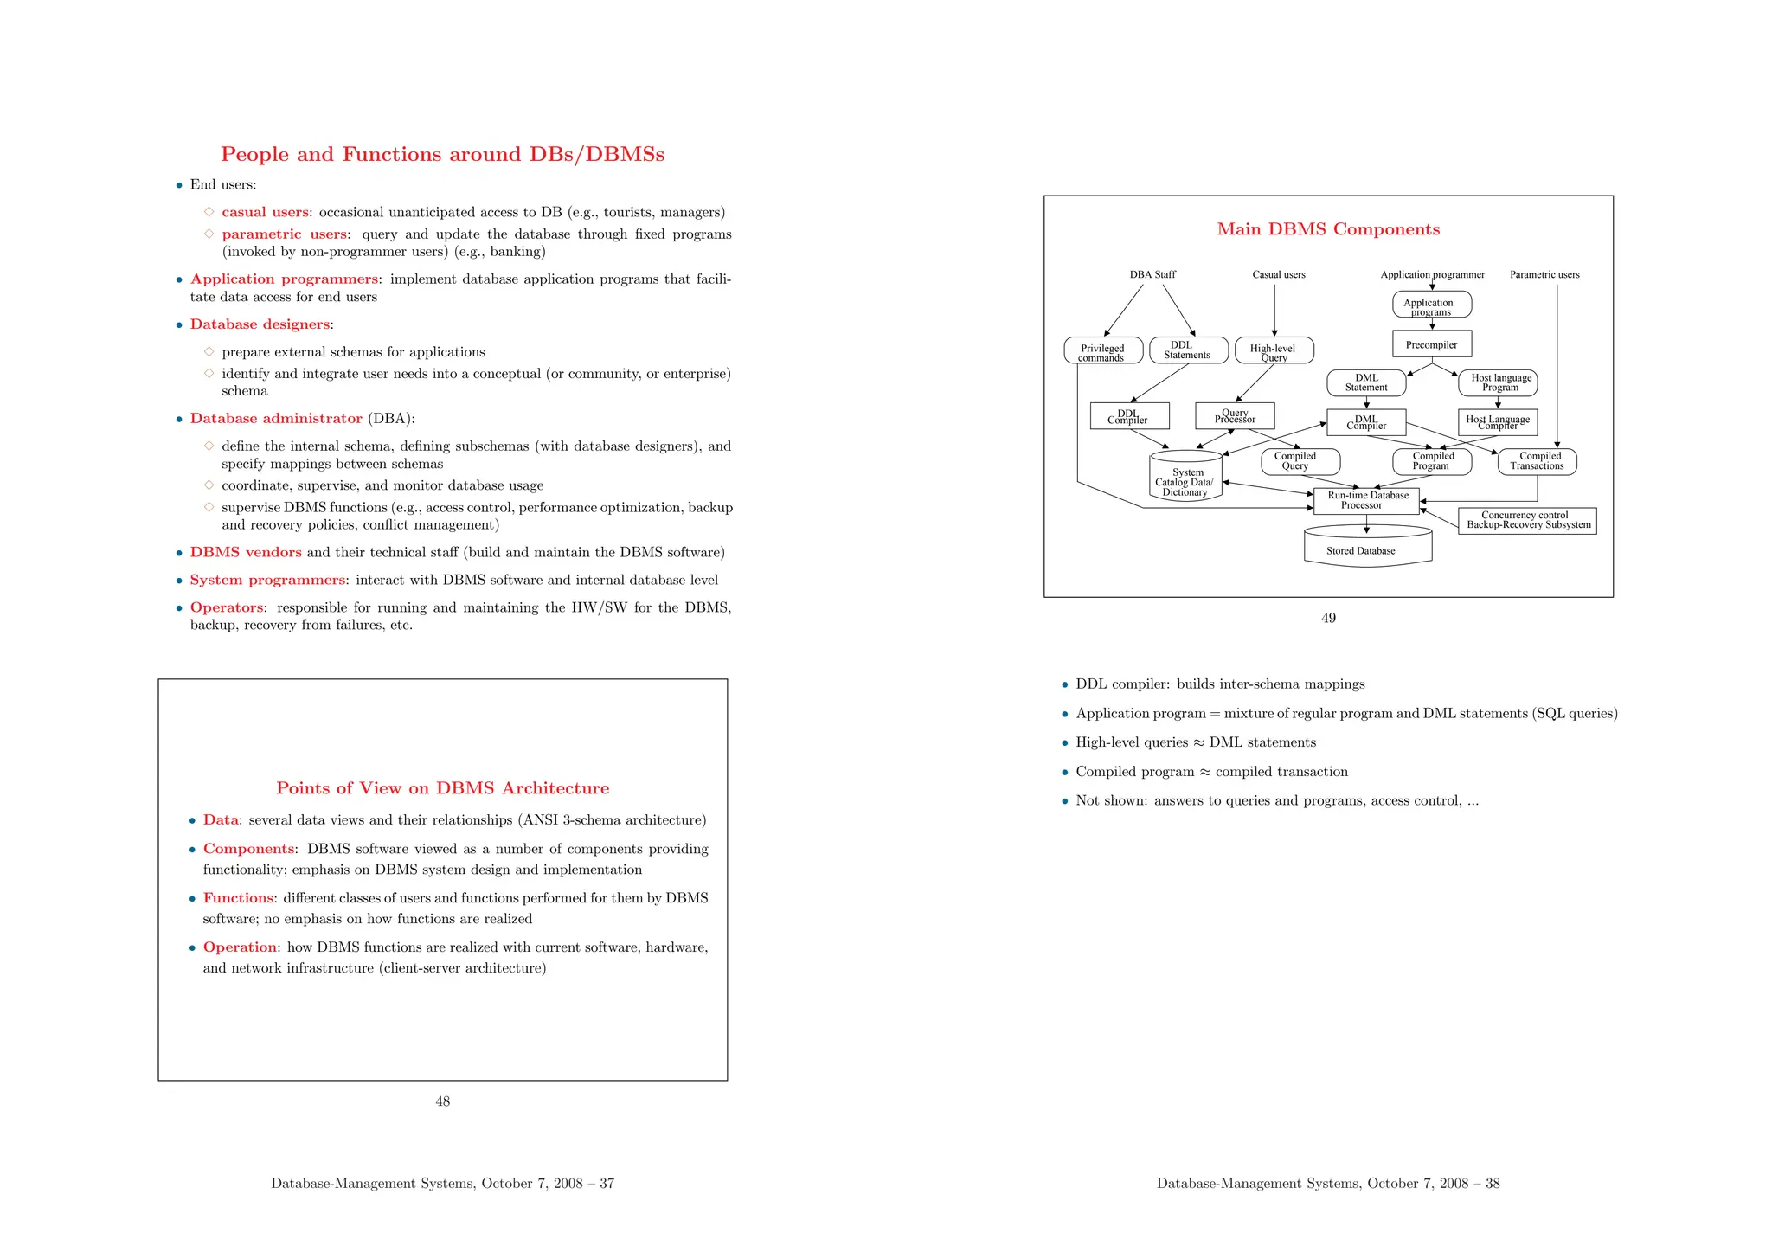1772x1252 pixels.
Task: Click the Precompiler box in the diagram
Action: coord(1432,344)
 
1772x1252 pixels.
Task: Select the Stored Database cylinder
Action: coord(1368,547)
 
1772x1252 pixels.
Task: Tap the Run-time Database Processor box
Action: coord(1366,501)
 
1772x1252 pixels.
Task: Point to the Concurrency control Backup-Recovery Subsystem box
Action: coord(1527,521)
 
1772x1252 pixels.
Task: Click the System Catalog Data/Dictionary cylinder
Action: coord(1185,478)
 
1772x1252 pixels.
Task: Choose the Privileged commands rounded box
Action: coord(1103,350)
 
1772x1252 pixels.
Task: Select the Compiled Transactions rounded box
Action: coord(1538,461)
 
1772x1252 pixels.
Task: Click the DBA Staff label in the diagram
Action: coord(1152,275)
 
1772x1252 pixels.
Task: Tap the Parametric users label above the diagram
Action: coord(1544,275)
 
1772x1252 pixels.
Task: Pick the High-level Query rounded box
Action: coord(1274,350)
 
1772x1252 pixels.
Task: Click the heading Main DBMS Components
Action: coord(1328,229)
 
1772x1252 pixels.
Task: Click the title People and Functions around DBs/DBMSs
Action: coord(442,154)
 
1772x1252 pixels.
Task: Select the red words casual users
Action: coord(265,212)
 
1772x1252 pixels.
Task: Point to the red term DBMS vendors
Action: coord(246,552)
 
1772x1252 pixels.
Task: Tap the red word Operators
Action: coord(227,607)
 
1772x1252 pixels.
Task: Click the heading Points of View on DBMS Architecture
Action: coord(442,788)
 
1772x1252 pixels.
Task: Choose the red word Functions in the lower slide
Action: coord(238,898)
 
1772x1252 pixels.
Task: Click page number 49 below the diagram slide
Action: coord(1328,618)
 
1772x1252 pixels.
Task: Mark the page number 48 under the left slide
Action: coord(442,1101)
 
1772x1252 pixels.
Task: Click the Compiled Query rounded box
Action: coord(1295,461)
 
